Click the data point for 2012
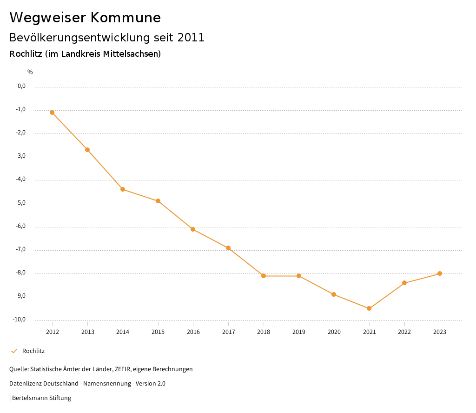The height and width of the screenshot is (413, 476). tap(52, 113)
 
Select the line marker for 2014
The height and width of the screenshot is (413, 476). tap(123, 189)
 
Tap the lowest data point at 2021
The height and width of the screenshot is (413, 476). tap(369, 308)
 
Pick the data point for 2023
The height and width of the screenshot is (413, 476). tap(440, 273)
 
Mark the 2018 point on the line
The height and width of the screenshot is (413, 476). tap(264, 276)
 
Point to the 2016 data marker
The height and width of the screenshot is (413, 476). tap(193, 229)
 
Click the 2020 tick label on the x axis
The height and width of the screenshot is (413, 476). tap(334, 332)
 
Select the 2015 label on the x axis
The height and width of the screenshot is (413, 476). tap(158, 332)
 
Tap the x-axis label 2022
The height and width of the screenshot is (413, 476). tap(404, 332)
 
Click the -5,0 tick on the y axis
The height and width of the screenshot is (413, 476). tap(21, 203)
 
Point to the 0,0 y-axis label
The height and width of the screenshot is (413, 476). tap(21, 86)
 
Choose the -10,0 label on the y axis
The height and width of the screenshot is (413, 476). tap(20, 320)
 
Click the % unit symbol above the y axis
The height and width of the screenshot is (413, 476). tap(30, 72)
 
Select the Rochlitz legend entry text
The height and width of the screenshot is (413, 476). tap(33, 351)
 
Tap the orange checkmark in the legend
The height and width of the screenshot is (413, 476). tap(14, 351)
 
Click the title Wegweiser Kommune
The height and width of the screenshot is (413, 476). tap(85, 18)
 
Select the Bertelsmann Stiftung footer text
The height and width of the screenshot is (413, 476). tap(41, 398)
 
